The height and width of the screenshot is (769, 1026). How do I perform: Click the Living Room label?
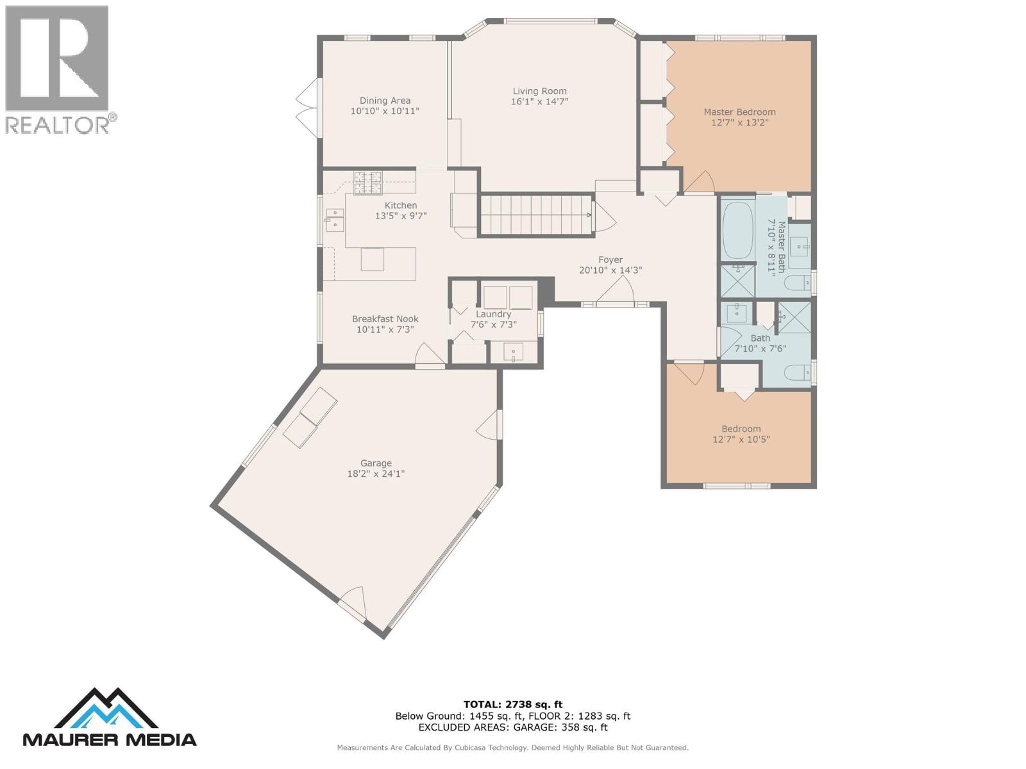tap(539, 91)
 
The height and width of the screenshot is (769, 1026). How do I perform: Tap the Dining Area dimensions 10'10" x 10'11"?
tap(385, 111)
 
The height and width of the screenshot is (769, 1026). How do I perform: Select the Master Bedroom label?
tap(739, 112)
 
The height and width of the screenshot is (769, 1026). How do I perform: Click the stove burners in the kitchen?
tap(368, 183)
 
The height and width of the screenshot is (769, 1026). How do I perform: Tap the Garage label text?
tap(376, 463)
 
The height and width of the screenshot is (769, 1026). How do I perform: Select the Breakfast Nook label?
tap(385, 318)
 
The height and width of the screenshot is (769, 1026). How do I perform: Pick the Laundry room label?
tap(493, 314)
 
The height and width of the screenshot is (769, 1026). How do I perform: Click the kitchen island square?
tap(372, 260)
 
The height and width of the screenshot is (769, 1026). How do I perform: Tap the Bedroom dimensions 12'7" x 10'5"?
tap(741, 440)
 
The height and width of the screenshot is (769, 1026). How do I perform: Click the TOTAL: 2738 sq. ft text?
tap(513, 704)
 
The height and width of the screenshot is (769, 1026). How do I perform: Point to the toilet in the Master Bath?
tap(798, 283)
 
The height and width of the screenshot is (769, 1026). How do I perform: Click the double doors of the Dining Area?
tap(308, 107)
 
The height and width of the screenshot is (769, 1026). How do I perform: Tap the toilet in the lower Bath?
tap(798, 372)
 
